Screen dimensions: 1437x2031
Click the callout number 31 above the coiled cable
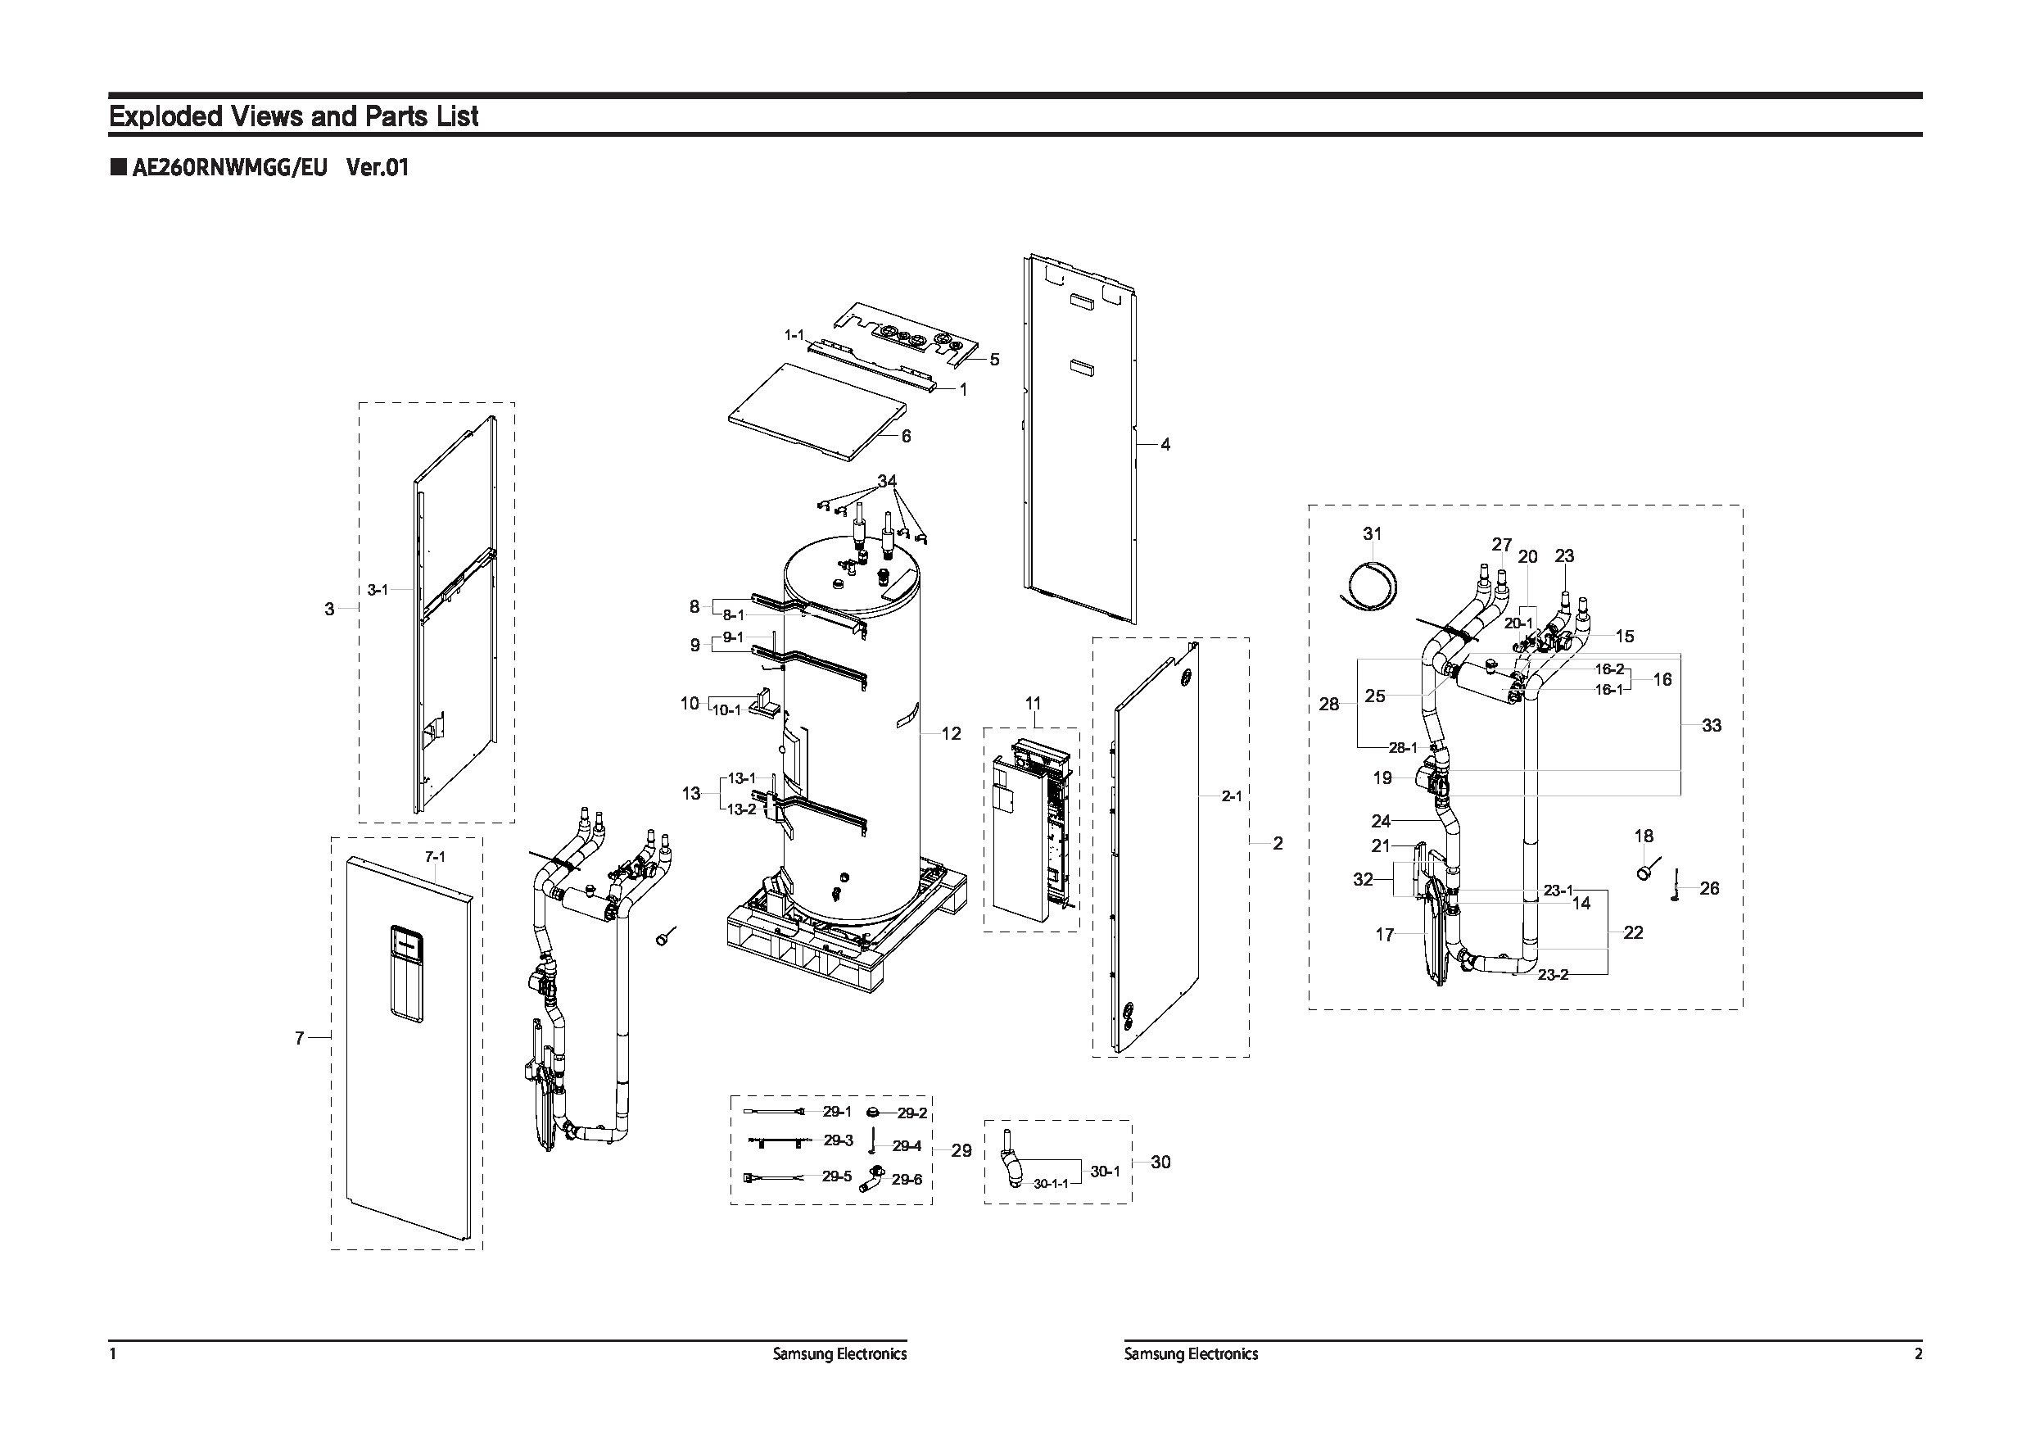(x=1372, y=533)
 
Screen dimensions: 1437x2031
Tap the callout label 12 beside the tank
(x=951, y=733)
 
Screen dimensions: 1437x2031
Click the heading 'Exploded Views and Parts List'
(x=293, y=116)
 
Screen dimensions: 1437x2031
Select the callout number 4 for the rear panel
(x=1165, y=444)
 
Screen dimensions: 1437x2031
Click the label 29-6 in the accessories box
(x=907, y=1180)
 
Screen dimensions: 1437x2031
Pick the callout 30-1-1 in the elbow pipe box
(x=1051, y=1183)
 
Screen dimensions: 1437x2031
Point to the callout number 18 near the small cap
(x=1644, y=836)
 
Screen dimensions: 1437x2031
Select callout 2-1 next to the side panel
(x=1232, y=796)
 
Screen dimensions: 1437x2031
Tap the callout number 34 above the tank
(x=887, y=482)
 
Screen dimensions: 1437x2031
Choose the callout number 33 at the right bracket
(x=1712, y=726)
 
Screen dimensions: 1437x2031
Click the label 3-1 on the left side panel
(x=378, y=589)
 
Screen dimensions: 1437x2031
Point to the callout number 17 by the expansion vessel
(x=1384, y=935)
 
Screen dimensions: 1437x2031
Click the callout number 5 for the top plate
(x=994, y=359)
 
